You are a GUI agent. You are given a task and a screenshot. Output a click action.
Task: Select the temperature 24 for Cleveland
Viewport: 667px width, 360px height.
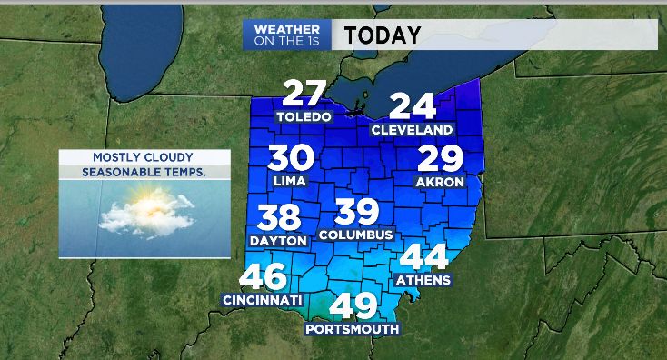[x=413, y=106]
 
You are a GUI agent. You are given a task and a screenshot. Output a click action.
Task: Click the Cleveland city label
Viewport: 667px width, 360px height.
[x=412, y=130]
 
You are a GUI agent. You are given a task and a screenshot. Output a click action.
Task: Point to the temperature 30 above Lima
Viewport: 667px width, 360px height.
[x=291, y=158]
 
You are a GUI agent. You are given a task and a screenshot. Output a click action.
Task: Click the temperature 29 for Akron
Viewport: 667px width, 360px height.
[x=440, y=160]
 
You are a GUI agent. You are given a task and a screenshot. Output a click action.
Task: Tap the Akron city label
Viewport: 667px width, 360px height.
[x=440, y=182]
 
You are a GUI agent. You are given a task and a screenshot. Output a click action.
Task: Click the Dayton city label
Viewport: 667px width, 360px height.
[x=277, y=241]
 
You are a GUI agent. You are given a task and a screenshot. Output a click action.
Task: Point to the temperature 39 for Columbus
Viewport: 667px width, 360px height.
[x=356, y=212]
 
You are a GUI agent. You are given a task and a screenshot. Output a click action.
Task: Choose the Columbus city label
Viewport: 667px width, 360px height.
[x=355, y=235]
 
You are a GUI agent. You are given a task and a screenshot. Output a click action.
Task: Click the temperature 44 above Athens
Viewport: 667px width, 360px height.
[x=423, y=258]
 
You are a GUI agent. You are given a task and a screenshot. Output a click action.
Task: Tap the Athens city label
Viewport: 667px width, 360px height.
[x=423, y=280]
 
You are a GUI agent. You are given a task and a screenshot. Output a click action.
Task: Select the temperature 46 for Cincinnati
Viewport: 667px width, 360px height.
[x=264, y=276]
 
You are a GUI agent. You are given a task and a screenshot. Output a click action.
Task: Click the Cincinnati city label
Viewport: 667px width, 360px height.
[x=262, y=299]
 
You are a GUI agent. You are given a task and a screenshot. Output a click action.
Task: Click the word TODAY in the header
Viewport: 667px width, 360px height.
[x=383, y=35]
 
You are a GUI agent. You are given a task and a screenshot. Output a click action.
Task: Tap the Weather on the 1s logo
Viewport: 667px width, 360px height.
[x=287, y=35]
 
